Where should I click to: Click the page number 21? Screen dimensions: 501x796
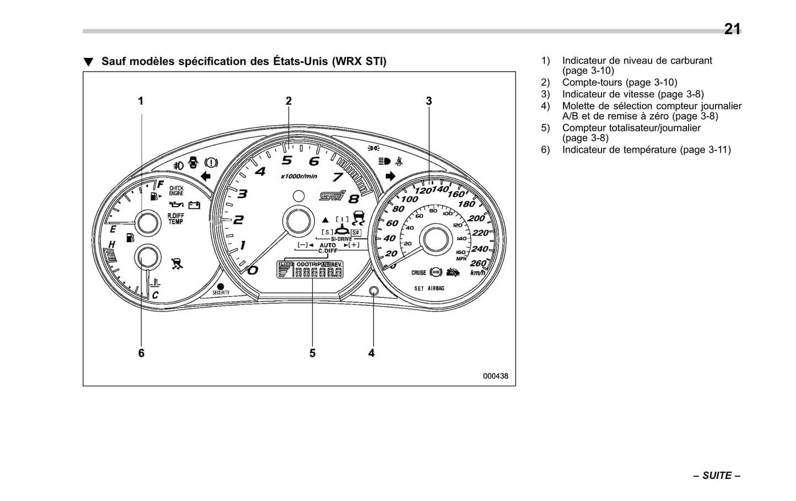[732, 29]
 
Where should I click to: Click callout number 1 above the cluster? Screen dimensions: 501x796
[140, 101]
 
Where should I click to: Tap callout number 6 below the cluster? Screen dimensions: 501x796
[141, 353]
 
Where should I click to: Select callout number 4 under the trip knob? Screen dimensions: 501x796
[371, 353]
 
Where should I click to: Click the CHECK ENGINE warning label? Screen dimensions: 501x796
[176, 191]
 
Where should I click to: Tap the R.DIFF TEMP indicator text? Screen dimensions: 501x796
[176, 219]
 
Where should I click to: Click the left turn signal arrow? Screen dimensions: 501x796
[205, 176]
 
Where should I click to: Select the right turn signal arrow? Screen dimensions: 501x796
[391, 176]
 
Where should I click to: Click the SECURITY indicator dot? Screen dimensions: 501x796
[220, 287]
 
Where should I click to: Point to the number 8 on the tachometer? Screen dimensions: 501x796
[353, 200]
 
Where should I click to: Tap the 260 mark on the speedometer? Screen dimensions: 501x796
[478, 263]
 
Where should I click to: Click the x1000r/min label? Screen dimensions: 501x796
[299, 176]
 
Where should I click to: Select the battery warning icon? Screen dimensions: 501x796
[194, 206]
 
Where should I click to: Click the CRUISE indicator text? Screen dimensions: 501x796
[419, 273]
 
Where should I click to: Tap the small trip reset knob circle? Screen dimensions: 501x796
[374, 291]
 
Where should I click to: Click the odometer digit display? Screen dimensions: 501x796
[319, 272]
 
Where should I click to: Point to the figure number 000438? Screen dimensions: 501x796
[495, 376]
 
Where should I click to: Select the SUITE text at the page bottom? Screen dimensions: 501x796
[717, 476]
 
